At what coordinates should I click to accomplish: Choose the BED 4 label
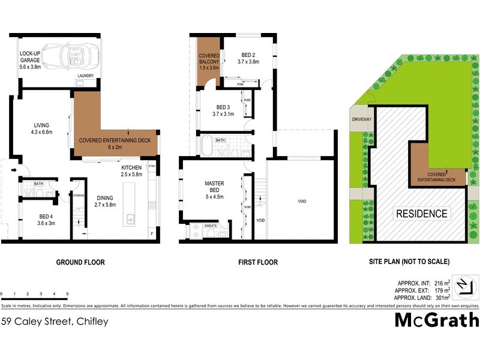tap(34, 220)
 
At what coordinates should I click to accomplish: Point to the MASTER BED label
tap(214, 187)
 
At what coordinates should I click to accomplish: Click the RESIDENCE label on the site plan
tap(421, 214)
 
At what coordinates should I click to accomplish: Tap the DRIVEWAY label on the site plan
tap(362, 119)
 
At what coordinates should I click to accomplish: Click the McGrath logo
tap(436, 320)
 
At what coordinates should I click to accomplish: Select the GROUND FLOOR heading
tap(80, 262)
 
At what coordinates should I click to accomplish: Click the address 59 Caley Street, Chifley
tap(55, 322)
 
